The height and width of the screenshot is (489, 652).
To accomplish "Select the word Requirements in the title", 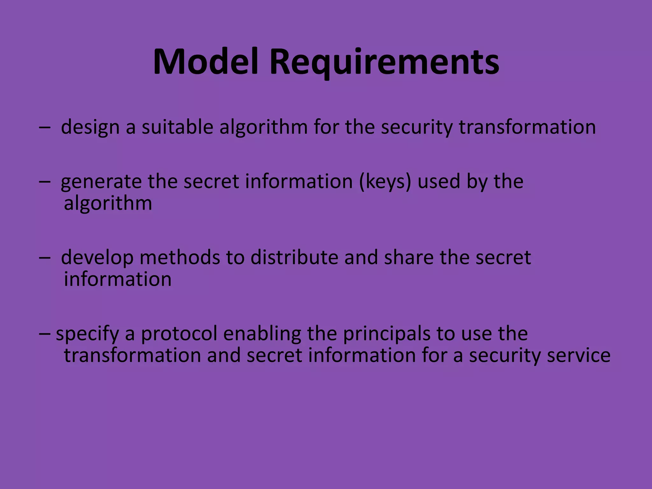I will pyautogui.click(x=384, y=62).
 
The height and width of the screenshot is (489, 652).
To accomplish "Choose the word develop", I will pyautogui.click(x=97, y=258).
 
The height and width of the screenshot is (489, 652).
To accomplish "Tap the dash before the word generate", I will pyautogui.click(x=45, y=182).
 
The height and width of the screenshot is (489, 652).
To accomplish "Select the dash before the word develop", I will pyautogui.click(x=45, y=258).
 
